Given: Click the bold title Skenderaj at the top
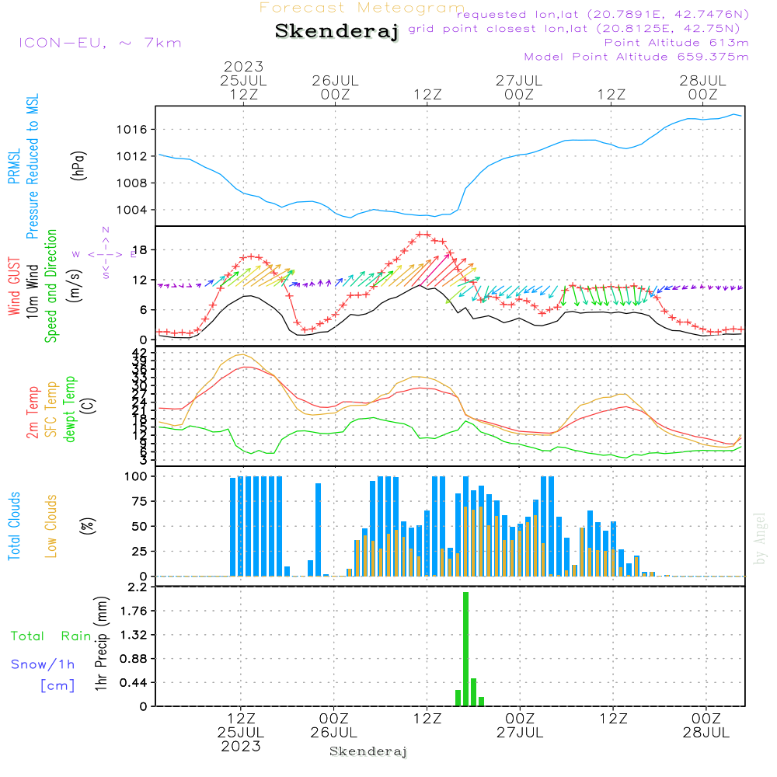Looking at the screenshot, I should [336, 32].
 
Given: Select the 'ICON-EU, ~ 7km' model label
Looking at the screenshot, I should [99, 43].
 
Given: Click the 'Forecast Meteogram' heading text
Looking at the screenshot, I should [362, 8].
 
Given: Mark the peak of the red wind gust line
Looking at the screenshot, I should [423, 234].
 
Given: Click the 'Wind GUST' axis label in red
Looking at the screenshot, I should [14, 288].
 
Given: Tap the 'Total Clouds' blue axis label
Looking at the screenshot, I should [14, 526].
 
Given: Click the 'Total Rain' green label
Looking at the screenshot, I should [51, 636].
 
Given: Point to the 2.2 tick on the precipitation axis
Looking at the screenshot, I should [137, 587].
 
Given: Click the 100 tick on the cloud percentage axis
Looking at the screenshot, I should [137, 476].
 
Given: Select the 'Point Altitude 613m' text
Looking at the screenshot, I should [676, 43].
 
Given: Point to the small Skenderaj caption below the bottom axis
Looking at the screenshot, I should [368, 751].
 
